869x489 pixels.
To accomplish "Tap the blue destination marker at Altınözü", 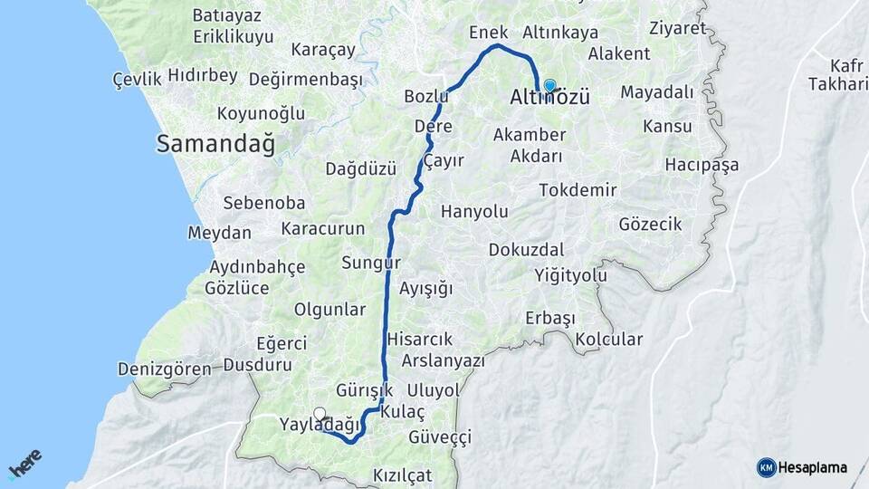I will pyautogui.click(x=549, y=85).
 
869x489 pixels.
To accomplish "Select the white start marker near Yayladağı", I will pyautogui.click(x=319, y=414).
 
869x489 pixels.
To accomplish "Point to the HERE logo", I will pyautogui.click(x=24, y=465).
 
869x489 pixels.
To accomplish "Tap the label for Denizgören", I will pyautogui.click(x=164, y=369).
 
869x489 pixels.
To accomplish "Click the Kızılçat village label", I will pyautogui.click(x=403, y=475).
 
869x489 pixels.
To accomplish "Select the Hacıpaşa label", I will pyautogui.click(x=702, y=165).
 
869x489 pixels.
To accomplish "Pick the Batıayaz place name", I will pyautogui.click(x=227, y=15).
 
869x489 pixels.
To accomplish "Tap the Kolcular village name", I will pyautogui.click(x=607, y=340).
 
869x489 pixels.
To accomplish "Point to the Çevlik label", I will pyautogui.click(x=137, y=79).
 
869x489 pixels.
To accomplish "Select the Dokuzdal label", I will pyautogui.click(x=526, y=249).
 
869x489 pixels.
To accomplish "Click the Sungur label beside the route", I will pyautogui.click(x=370, y=264).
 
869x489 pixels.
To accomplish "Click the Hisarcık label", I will pyautogui.click(x=419, y=339).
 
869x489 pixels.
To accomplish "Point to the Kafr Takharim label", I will pyautogui.click(x=847, y=75).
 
